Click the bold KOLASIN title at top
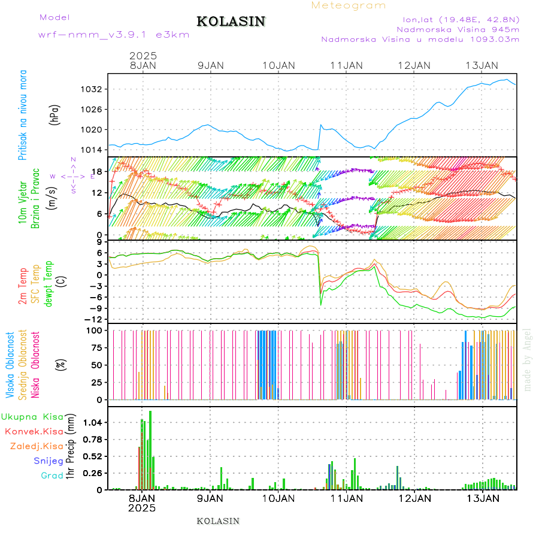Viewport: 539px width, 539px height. coord(231,22)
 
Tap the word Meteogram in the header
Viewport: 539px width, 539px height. coord(349,5)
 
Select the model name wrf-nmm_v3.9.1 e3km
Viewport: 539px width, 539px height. coord(114,35)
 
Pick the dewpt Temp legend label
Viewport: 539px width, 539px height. coord(49,283)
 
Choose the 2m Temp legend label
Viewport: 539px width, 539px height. coord(23,287)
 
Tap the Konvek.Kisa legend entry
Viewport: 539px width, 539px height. coord(34,431)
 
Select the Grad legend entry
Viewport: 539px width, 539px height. coord(52,476)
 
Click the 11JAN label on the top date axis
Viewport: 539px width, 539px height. coord(346,65)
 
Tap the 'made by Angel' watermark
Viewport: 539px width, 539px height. coord(528,359)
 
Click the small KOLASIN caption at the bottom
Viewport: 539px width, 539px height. coord(218,521)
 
